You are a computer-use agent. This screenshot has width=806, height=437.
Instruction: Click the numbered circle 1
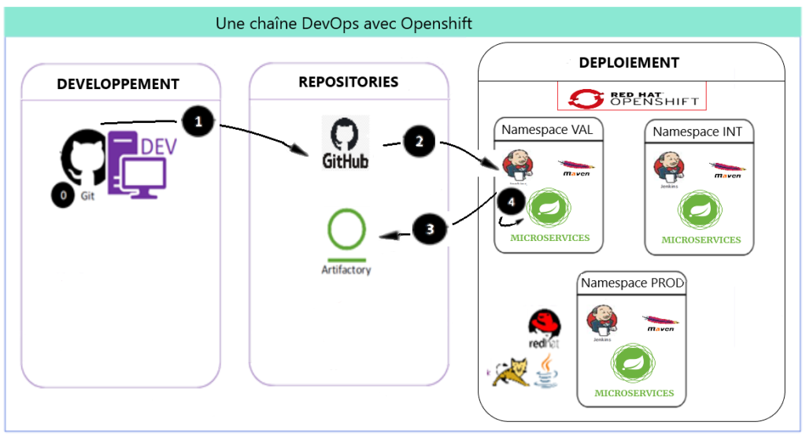click(198, 122)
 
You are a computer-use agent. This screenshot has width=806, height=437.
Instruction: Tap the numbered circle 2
click(419, 142)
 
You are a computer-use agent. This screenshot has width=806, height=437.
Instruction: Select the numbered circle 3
click(430, 229)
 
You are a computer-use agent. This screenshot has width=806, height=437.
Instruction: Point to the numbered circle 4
click(512, 202)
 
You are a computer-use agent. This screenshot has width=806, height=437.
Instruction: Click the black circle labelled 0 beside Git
click(63, 194)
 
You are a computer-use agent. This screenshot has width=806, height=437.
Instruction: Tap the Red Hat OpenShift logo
click(632, 97)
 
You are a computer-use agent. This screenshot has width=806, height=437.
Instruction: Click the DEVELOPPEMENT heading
click(118, 84)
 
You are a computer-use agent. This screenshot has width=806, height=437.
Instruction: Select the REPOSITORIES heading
click(348, 82)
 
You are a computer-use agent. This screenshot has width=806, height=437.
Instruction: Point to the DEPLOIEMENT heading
click(629, 62)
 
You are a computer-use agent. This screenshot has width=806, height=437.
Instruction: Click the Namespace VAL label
click(543, 129)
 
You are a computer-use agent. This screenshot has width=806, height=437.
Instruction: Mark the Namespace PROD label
click(633, 282)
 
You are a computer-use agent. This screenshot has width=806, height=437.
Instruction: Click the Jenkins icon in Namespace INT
click(667, 168)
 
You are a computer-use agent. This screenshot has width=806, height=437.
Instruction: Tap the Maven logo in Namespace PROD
click(661, 323)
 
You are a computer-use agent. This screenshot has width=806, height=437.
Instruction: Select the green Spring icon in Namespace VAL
click(548, 209)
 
